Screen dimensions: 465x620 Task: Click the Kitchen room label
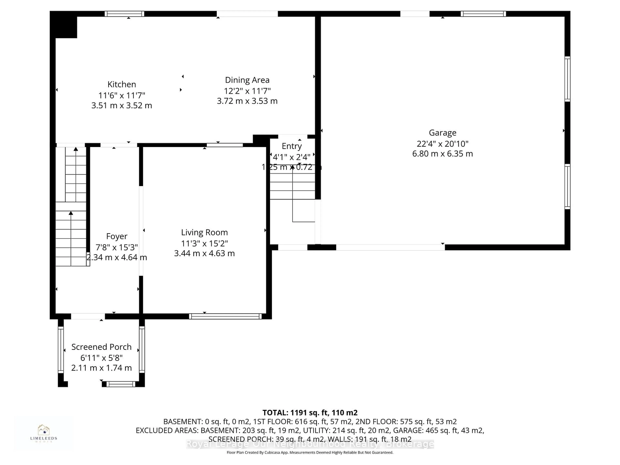coord(122,84)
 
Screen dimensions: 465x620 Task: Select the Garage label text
coord(442,133)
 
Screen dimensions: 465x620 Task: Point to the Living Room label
coord(204,232)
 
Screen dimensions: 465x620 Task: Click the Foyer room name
coord(117,236)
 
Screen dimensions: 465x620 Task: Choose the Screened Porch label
coord(101,347)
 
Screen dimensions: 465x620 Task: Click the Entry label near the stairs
coord(291,146)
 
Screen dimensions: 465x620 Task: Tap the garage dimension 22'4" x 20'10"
coord(442,144)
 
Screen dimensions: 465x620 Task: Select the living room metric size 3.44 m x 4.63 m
coord(204,253)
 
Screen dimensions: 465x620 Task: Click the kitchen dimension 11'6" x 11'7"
coord(122,95)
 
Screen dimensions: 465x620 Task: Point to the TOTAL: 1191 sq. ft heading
coord(310,413)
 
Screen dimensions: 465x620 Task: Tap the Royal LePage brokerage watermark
coord(310,444)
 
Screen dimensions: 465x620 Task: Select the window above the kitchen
coord(124,14)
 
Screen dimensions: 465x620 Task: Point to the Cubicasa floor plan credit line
coord(310,452)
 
